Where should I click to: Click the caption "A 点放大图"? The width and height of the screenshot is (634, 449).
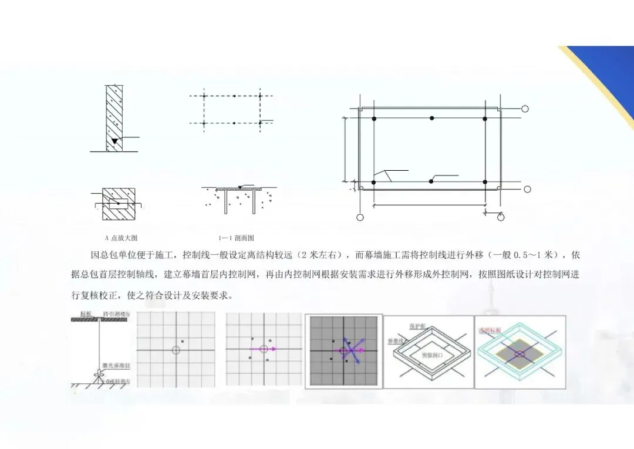click(x=120, y=238)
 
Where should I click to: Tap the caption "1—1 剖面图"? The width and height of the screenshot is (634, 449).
click(x=236, y=238)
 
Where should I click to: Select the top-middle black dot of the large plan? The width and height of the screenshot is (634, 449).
click(x=431, y=118)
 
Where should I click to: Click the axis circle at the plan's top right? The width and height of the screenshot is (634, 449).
click(x=525, y=109)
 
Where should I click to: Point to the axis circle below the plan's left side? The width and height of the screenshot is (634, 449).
click(x=360, y=217)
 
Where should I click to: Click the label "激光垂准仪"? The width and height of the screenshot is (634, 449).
click(x=112, y=365)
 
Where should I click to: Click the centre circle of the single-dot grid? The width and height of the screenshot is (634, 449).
click(x=176, y=350)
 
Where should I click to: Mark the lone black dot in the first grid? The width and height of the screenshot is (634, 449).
click(x=183, y=342)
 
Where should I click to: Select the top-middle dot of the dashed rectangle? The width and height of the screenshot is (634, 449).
click(x=234, y=96)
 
